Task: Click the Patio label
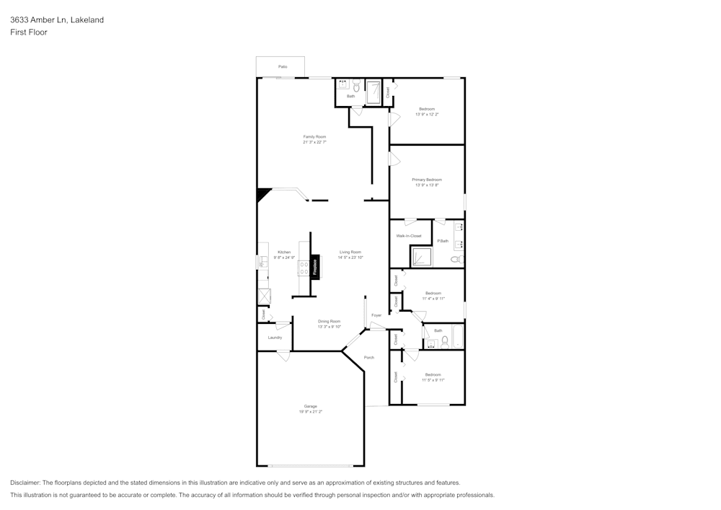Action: pos(283,66)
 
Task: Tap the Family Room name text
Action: pos(314,136)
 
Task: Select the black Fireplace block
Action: pos(314,265)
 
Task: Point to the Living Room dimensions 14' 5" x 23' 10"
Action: pos(350,258)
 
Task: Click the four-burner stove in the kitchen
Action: pos(304,268)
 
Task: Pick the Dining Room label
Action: pos(329,321)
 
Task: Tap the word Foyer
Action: pos(376,315)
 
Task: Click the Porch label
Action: pos(369,357)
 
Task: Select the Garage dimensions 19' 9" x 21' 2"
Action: pos(310,411)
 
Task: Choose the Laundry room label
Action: pos(275,337)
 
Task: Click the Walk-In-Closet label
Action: pos(409,236)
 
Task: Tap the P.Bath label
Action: pos(443,241)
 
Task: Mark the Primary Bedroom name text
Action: pos(427,180)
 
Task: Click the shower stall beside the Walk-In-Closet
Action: pos(420,257)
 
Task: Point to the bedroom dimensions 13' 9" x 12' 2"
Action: pos(427,114)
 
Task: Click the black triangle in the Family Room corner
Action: pos(262,194)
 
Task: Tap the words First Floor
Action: pos(29,32)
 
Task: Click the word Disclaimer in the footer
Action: pos(25,483)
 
